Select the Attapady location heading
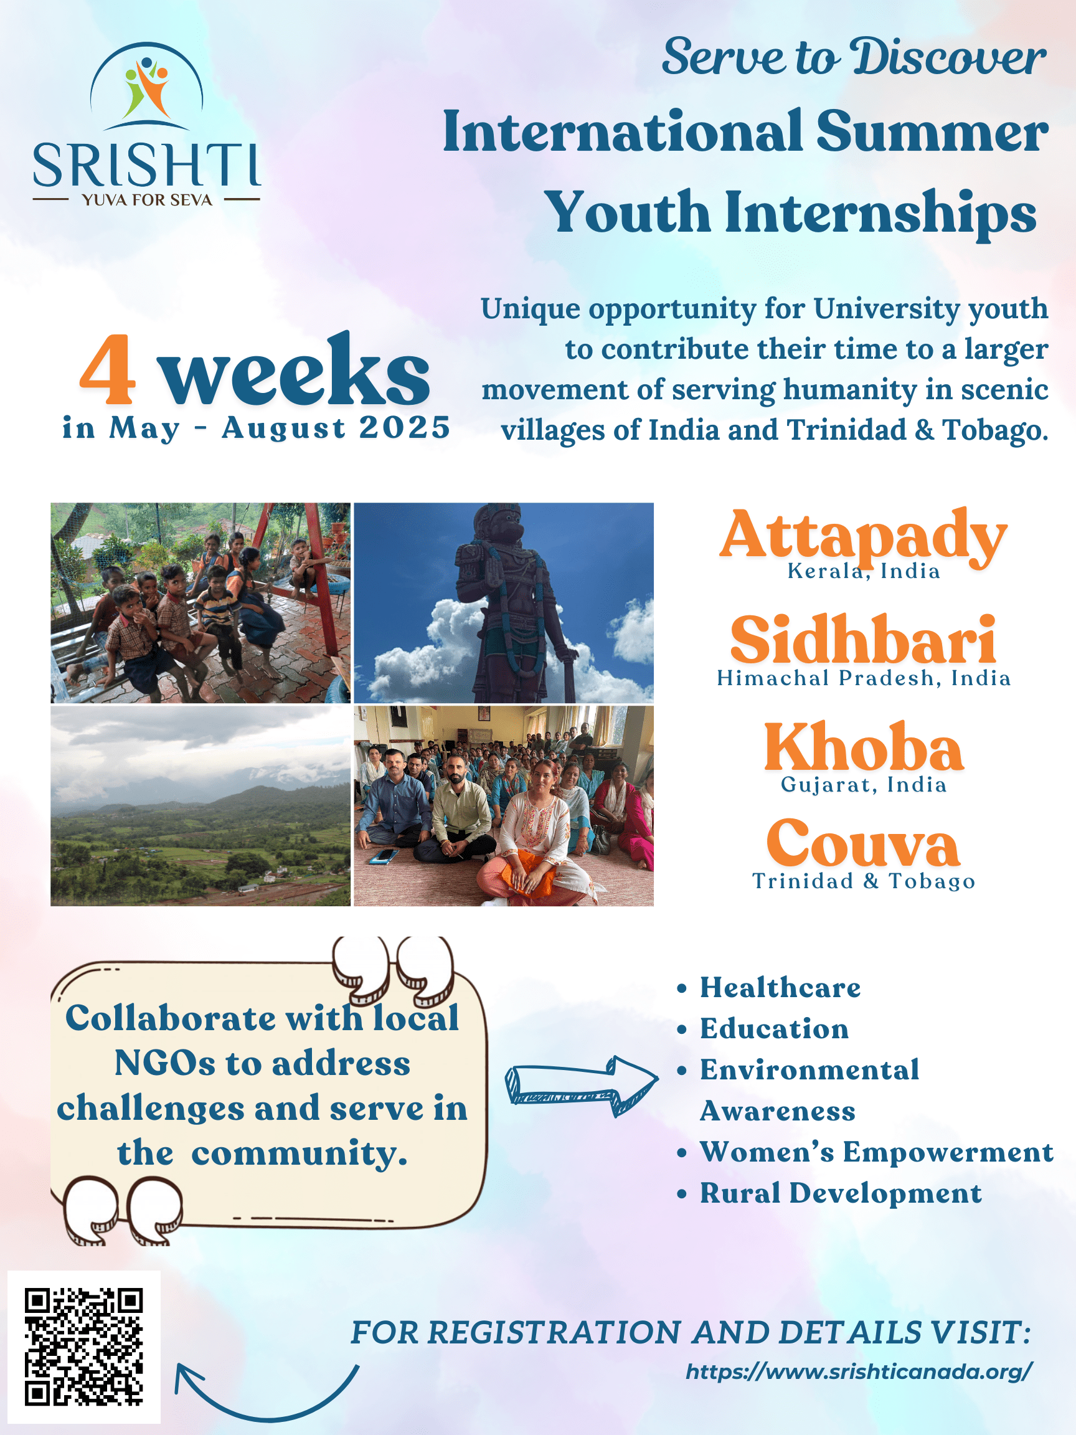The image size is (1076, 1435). point(863,536)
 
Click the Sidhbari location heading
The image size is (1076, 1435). point(863,640)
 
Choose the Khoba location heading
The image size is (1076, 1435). point(864,747)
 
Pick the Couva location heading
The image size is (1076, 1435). point(862,843)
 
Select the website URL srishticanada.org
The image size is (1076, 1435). point(859,1372)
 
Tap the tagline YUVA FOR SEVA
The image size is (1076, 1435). point(147,200)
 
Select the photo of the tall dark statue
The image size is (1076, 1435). point(503,603)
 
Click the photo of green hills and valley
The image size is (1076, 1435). point(201,806)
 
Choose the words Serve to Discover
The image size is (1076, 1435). point(854,57)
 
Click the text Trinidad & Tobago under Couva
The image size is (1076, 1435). point(864,881)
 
